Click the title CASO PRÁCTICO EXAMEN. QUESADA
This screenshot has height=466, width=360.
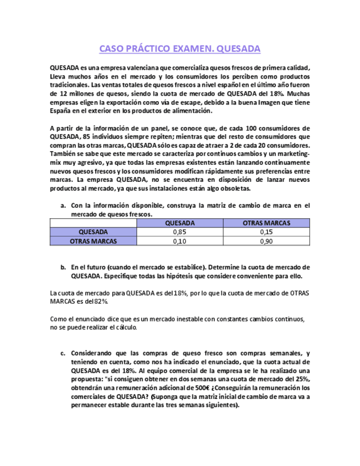pos(180,49)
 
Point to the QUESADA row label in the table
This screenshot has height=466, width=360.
pos(93,232)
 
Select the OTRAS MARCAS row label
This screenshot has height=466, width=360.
pos(93,241)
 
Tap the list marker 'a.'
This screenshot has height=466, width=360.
pos(63,206)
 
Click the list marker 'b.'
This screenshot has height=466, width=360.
pos(63,267)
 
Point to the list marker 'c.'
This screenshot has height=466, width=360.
pos(63,353)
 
